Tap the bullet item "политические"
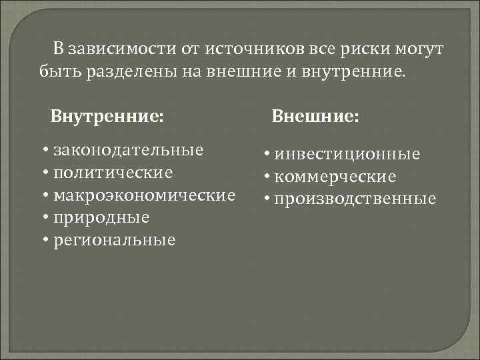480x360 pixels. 113,173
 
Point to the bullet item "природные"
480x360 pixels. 101,217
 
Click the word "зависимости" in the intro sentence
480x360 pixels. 119,49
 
